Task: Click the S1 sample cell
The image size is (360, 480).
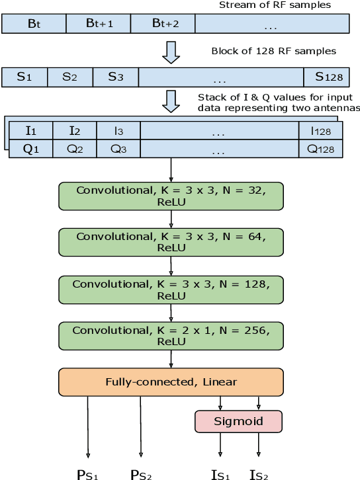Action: click(24, 77)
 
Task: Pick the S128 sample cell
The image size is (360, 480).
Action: click(328, 77)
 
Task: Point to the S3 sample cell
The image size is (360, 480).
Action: click(116, 77)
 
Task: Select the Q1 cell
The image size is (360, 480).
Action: click(31, 149)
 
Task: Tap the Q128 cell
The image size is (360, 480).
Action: click(321, 149)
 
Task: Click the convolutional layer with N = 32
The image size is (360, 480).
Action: click(171, 196)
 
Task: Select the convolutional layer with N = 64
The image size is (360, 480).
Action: click(171, 241)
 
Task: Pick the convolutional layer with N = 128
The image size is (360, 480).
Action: click(171, 289)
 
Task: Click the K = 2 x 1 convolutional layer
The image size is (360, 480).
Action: click(171, 335)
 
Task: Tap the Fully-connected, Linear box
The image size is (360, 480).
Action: click(171, 381)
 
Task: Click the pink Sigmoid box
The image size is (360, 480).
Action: click(238, 421)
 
